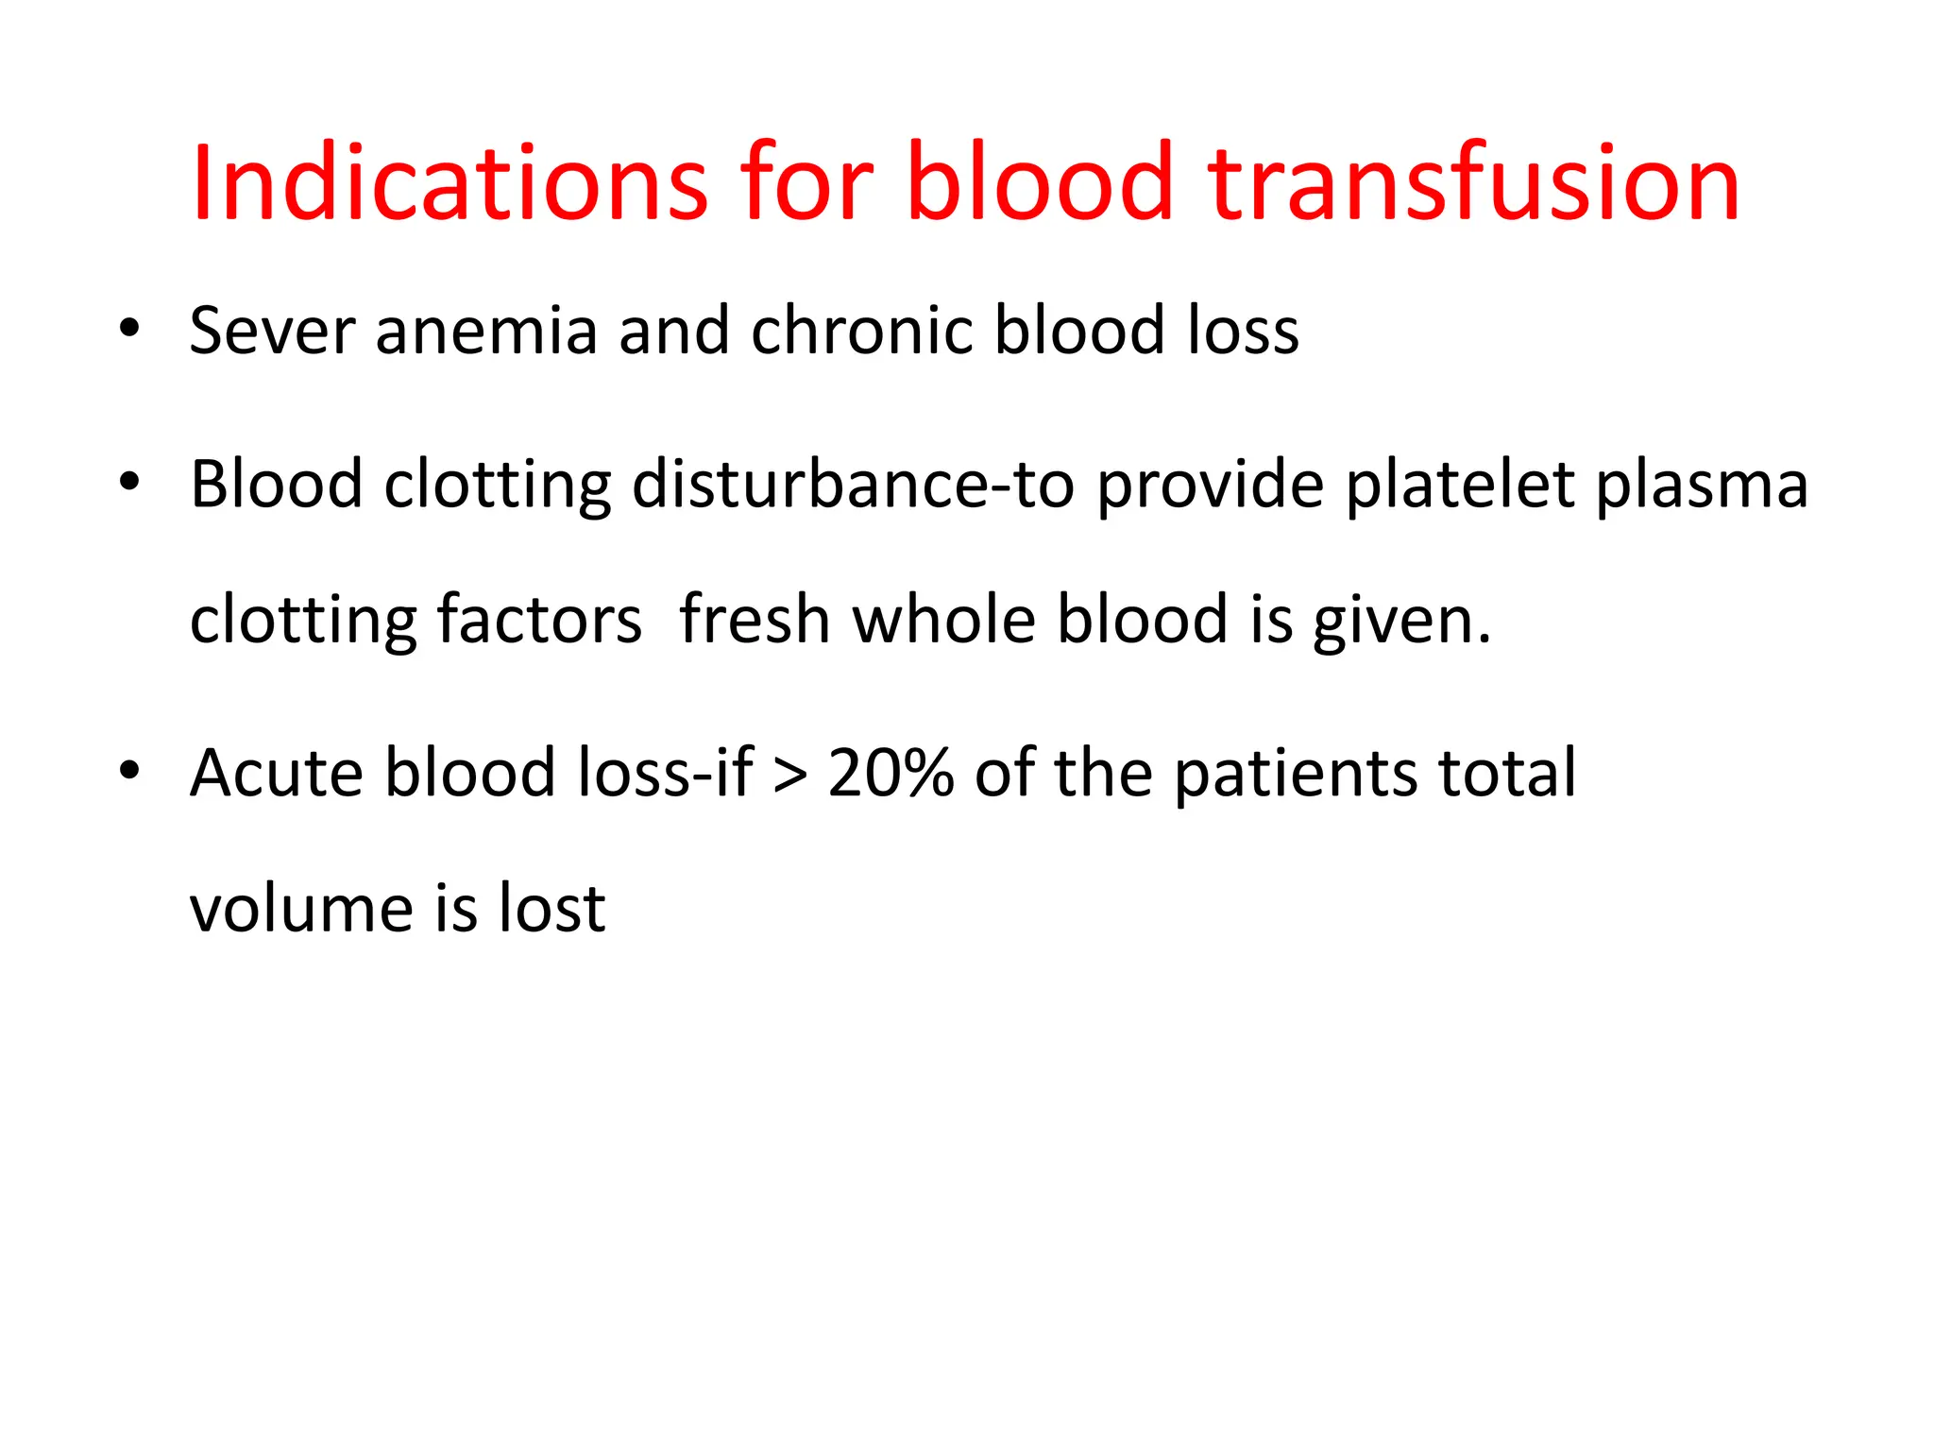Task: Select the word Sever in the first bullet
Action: pyautogui.click(x=272, y=331)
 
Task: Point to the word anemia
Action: pyautogui.click(x=486, y=331)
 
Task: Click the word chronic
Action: pyautogui.click(x=861, y=331)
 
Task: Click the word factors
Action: pyautogui.click(x=539, y=620)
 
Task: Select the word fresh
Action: pyautogui.click(x=755, y=620)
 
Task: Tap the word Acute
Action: pyautogui.click(x=276, y=773)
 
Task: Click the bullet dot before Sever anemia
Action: pyautogui.click(x=129, y=329)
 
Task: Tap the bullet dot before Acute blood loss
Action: pyautogui.click(x=129, y=770)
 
